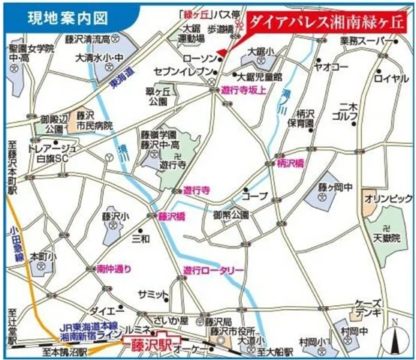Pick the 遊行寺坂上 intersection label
(x=246, y=88)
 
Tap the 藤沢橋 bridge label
(x=171, y=216)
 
